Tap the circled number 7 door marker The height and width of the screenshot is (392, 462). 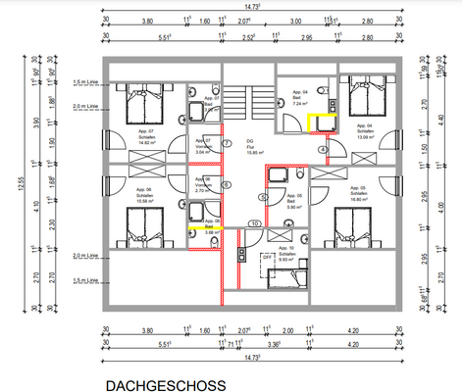(227, 144)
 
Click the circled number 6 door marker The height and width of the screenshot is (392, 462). (227, 185)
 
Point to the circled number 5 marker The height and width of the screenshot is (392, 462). (262, 197)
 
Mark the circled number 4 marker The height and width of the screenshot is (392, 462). (324, 150)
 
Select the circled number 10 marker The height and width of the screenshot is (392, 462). (253, 224)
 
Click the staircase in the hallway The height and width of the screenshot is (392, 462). (248, 101)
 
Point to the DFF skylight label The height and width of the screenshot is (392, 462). (267, 257)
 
